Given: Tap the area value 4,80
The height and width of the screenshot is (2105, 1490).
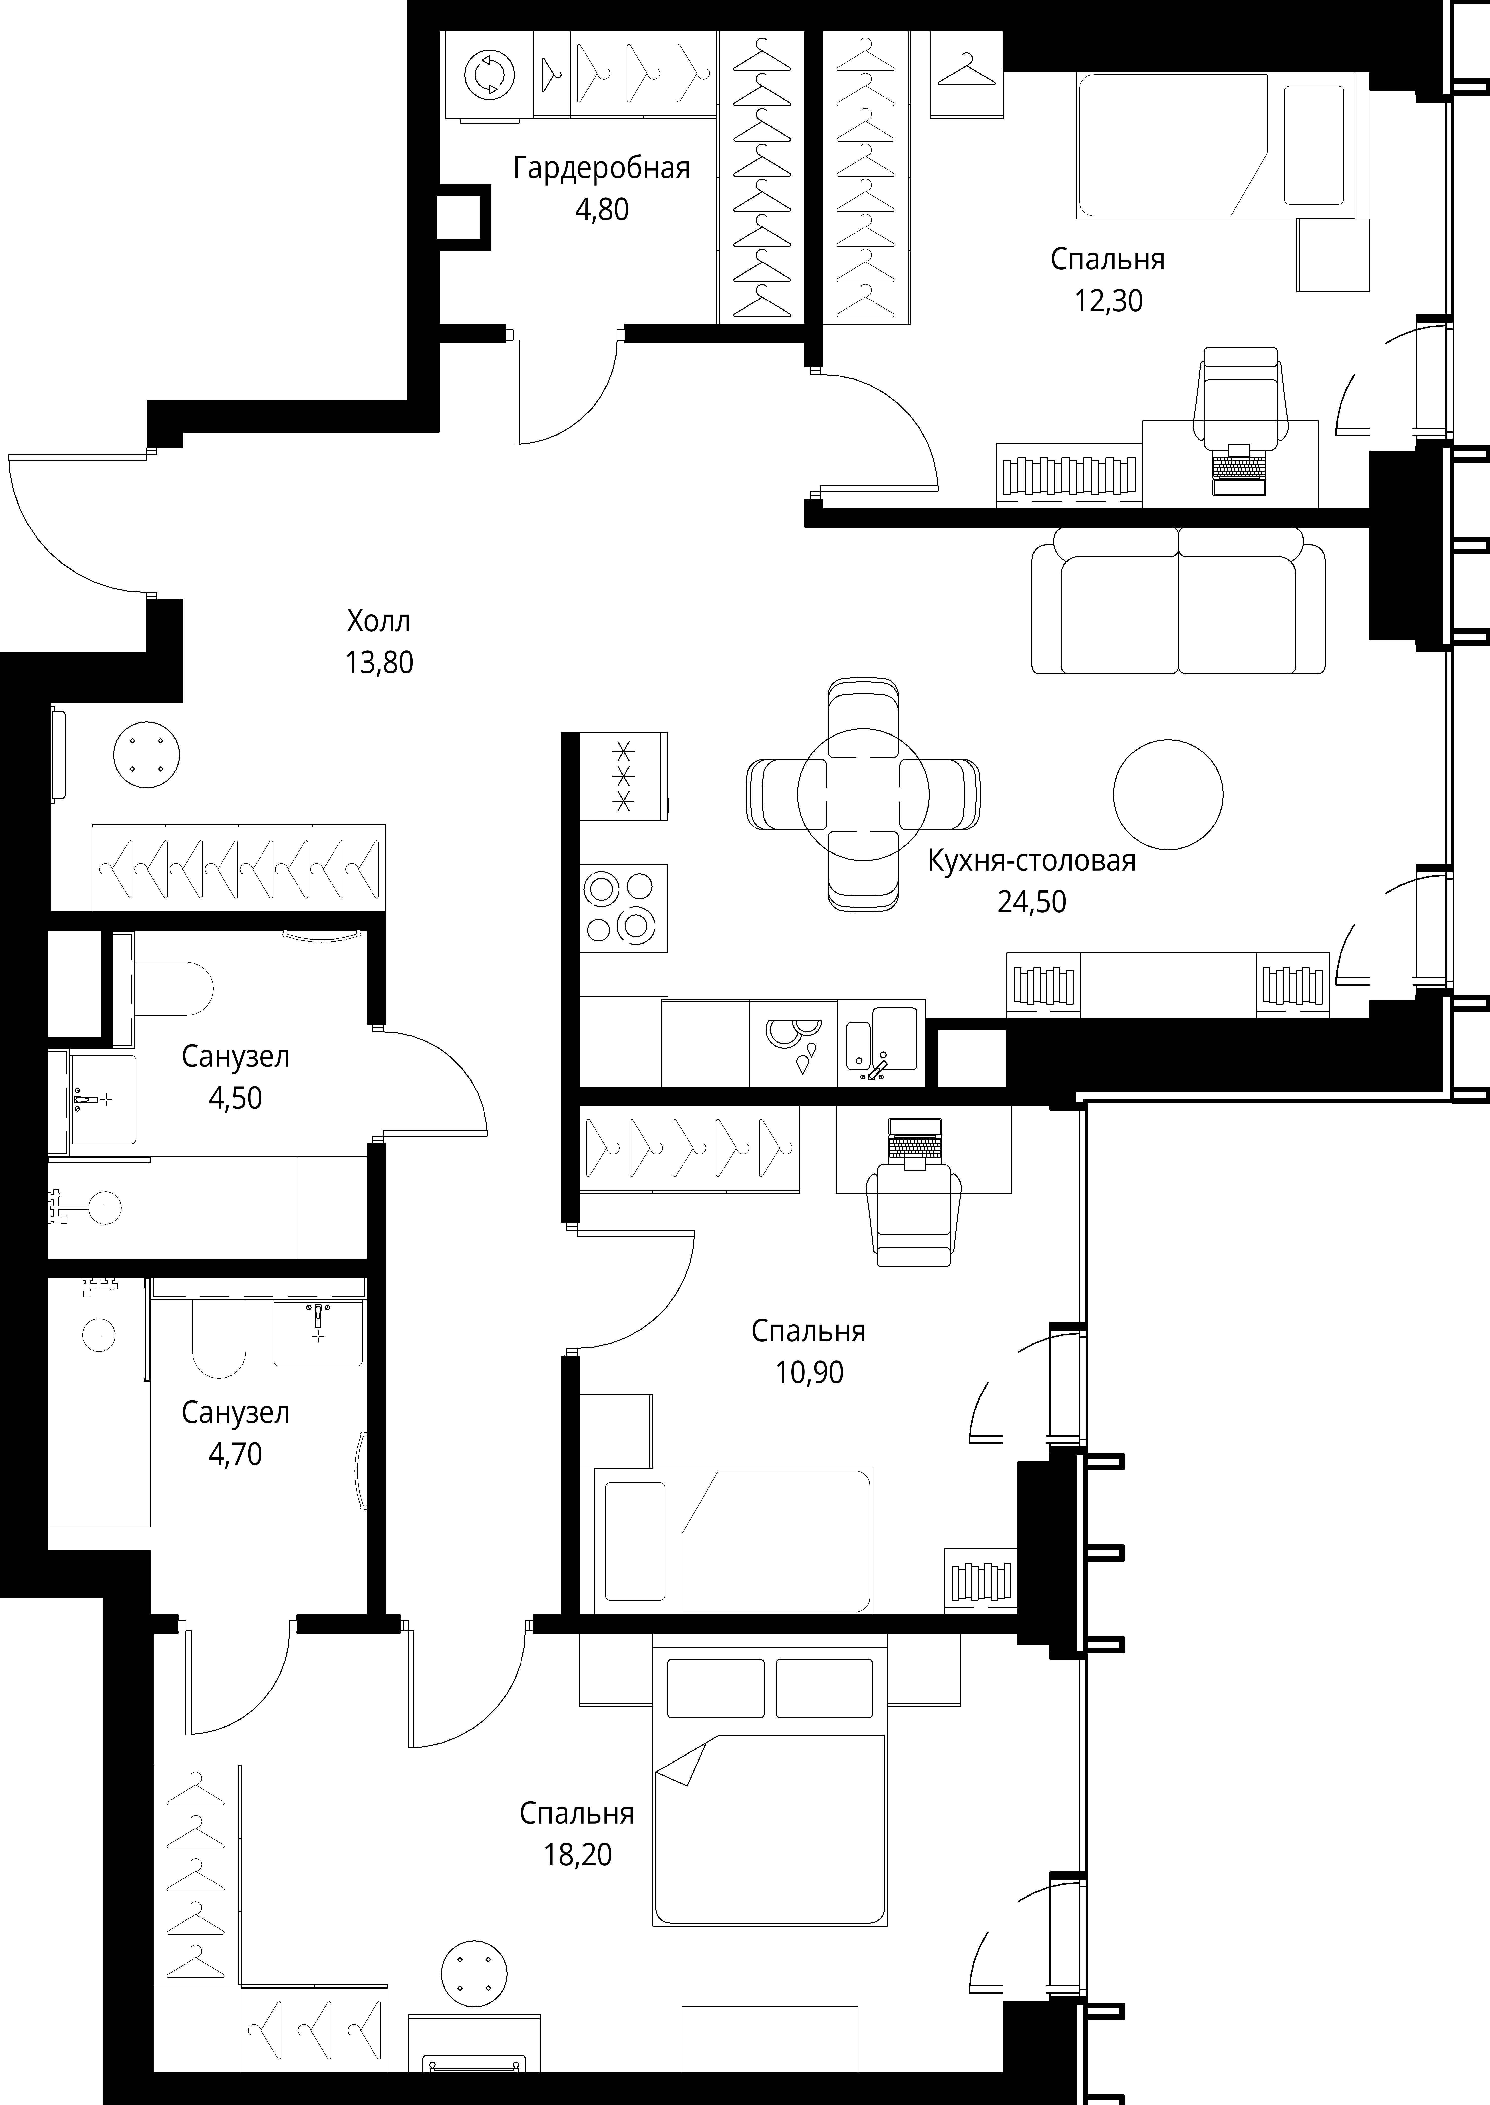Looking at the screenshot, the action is (602, 209).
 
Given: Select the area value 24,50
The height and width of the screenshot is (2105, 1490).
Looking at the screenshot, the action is (1032, 902).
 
